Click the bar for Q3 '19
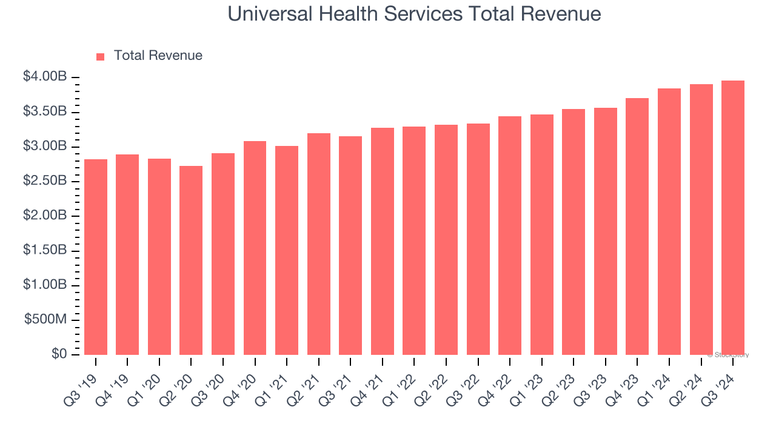(96, 257)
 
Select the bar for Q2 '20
(191, 260)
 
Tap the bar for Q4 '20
(255, 248)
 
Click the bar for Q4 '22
(510, 236)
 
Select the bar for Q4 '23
(637, 226)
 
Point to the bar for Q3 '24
(733, 217)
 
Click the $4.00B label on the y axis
(45, 77)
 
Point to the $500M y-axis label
(45, 320)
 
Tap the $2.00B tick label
(45, 216)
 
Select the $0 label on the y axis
(59, 354)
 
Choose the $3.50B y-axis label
(45, 111)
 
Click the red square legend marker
(101, 56)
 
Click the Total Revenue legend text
(158, 56)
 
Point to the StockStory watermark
(728, 355)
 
